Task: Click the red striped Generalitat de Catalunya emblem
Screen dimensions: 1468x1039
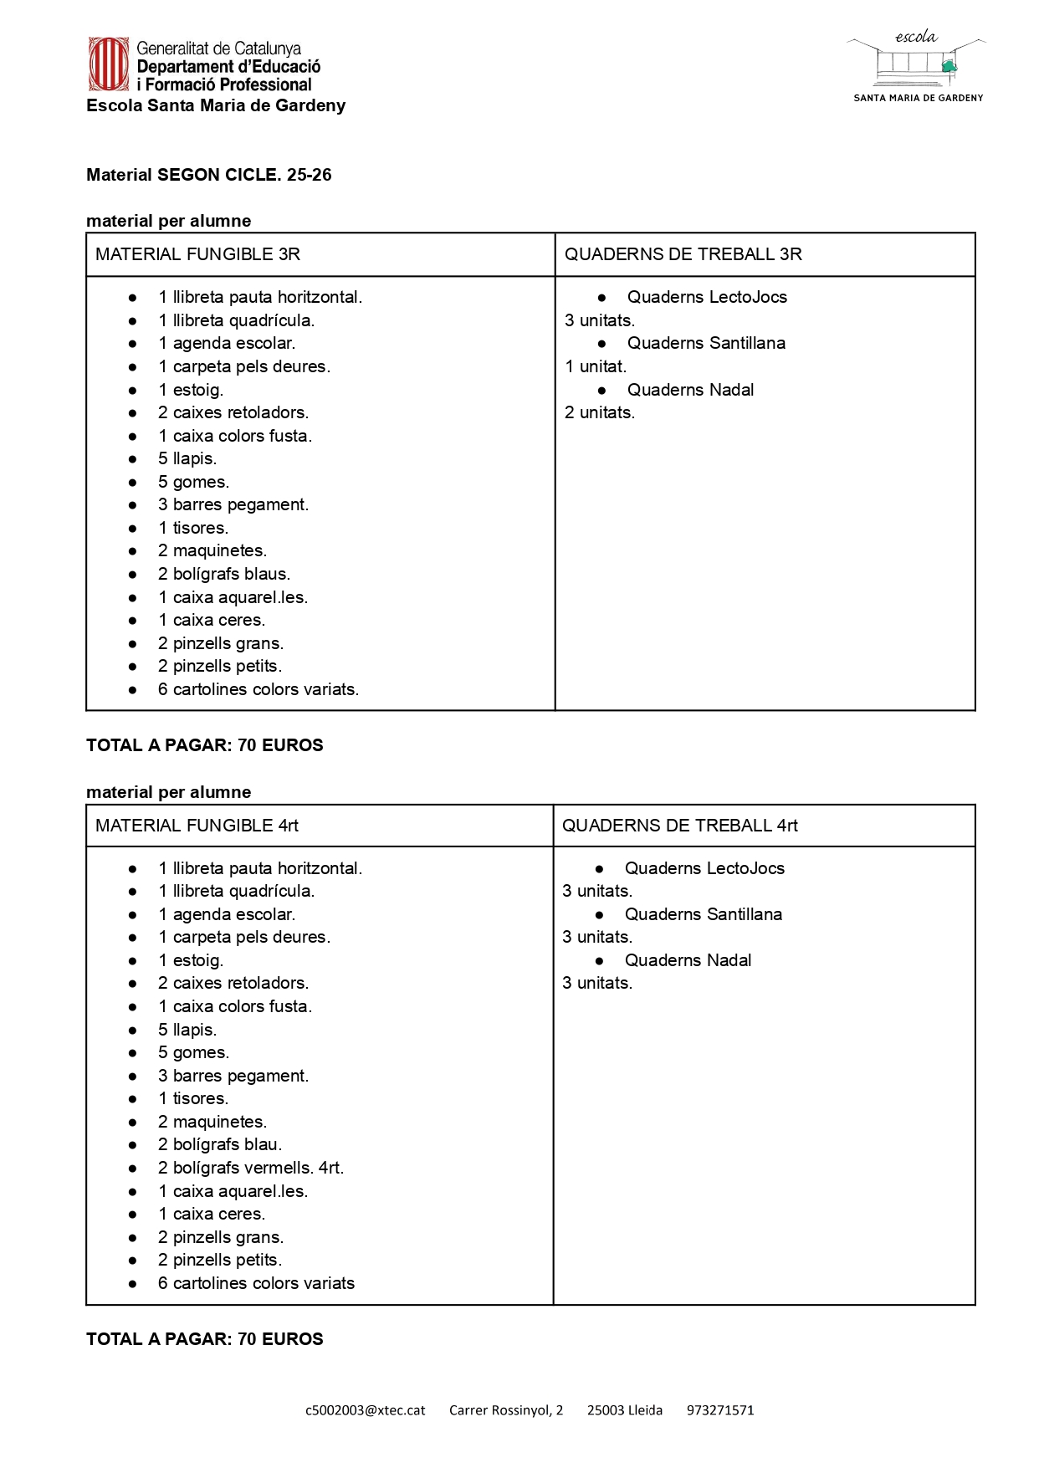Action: click(x=109, y=64)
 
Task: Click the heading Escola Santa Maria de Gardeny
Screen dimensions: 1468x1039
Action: click(x=216, y=105)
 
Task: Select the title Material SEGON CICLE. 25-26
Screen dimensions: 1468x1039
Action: click(x=209, y=175)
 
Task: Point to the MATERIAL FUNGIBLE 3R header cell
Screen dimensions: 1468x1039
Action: click(x=197, y=254)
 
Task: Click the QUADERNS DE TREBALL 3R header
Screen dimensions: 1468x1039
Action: click(x=683, y=254)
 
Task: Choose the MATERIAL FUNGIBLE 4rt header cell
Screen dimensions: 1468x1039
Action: click(x=197, y=826)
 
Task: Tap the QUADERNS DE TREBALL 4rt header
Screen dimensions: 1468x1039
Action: click(x=679, y=826)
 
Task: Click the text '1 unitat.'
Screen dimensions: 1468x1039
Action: click(x=596, y=366)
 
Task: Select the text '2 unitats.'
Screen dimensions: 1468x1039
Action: click(x=600, y=412)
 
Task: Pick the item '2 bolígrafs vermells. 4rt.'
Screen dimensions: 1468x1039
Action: click(x=251, y=1168)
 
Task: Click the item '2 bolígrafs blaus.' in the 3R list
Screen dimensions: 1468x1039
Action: click(x=224, y=574)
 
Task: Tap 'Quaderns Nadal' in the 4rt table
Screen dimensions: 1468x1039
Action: click(x=688, y=960)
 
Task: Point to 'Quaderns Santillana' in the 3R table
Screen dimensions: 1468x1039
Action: click(x=706, y=343)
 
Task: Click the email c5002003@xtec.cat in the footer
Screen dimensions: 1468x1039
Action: click(x=365, y=1410)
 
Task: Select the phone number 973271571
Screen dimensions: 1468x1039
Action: click(x=720, y=1410)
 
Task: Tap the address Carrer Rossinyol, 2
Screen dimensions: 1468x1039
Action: click(x=506, y=1410)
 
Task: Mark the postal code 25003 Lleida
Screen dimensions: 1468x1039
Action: click(x=625, y=1410)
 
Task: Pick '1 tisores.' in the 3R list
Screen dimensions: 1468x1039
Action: click(x=193, y=528)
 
